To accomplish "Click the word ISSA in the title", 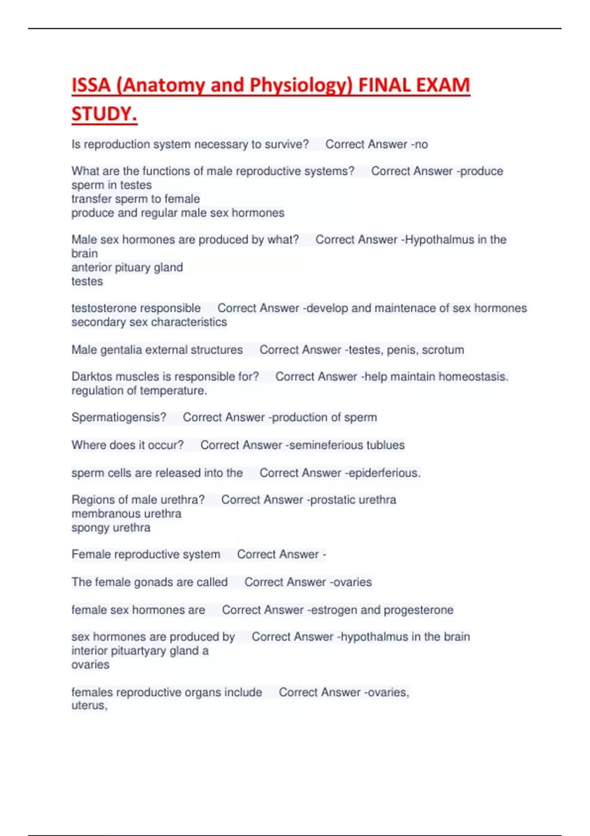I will point(91,85).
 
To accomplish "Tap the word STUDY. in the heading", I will point(104,114).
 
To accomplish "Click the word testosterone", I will point(104,308).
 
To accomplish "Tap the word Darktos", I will point(90,377).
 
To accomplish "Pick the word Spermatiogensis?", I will point(119,418).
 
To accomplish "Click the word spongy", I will point(89,528).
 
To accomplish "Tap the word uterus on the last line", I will point(88,706).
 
